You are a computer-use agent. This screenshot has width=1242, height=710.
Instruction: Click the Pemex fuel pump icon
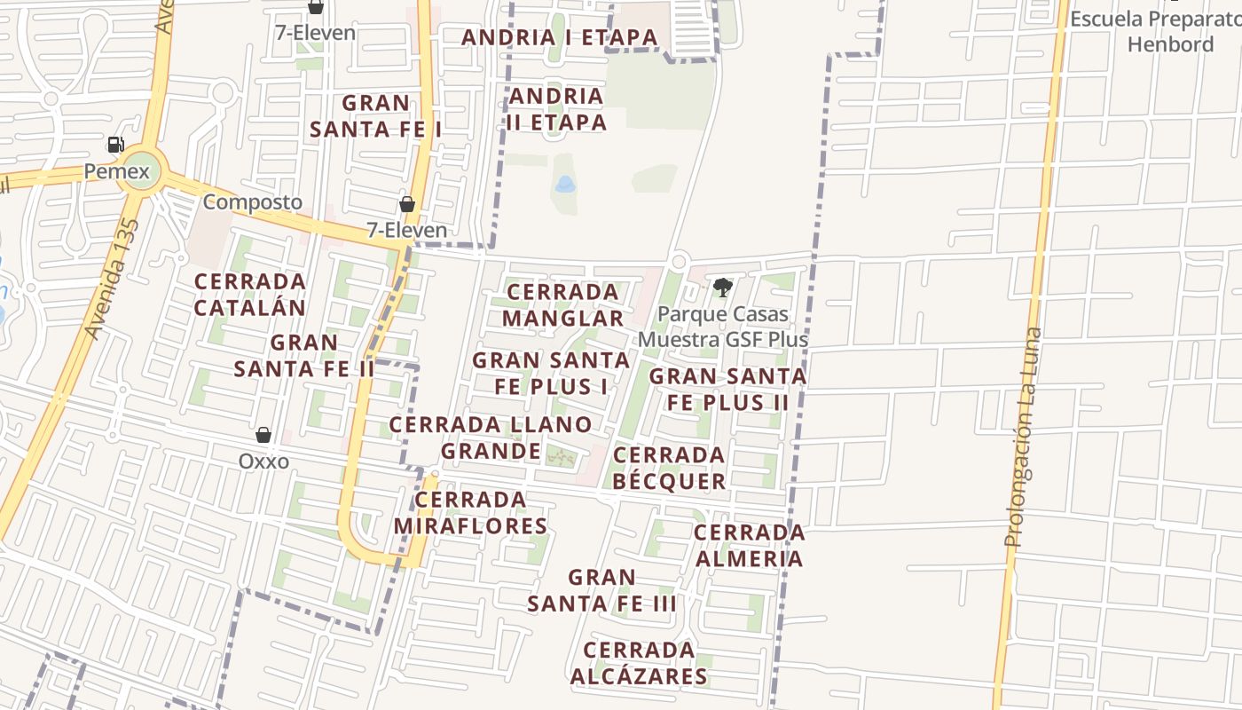[x=115, y=145]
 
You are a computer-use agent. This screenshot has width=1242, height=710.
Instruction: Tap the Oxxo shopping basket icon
[x=263, y=434]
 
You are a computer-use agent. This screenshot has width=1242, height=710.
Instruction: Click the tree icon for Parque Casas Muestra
[x=722, y=287]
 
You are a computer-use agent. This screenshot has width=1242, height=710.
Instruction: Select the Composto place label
[x=253, y=202]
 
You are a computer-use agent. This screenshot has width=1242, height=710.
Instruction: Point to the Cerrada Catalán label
[x=250, y=295]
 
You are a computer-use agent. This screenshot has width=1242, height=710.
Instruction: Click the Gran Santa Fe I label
[x=376, y=116]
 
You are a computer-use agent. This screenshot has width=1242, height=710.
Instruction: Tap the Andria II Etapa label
[x=557, y=109]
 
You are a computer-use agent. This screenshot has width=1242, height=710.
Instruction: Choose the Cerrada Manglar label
[x=563, y=305]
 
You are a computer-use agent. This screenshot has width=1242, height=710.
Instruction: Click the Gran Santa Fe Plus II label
[x=728, y=389]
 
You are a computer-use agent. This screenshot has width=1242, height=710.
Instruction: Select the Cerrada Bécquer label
[x=670, y=468]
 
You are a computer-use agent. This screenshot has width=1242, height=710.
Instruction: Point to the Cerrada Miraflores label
[x=471, y=513]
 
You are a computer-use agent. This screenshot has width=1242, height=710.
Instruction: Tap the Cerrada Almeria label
[x=750, y=545]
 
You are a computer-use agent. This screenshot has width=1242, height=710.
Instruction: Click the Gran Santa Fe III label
[x=602, y=591]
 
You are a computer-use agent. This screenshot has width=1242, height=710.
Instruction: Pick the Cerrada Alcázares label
[x=639, y=663]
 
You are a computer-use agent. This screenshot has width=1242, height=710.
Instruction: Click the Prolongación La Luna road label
[x=1024, y=437]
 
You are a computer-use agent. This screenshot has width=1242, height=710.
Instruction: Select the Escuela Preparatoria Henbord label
[x=1155, y=31]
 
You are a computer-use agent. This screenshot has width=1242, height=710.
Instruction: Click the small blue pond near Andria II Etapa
[x=564, y=185]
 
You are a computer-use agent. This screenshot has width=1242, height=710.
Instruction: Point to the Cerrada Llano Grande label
[x=491, y=438]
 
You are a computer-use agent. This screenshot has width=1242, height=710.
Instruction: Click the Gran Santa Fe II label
[x=304, y=355]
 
